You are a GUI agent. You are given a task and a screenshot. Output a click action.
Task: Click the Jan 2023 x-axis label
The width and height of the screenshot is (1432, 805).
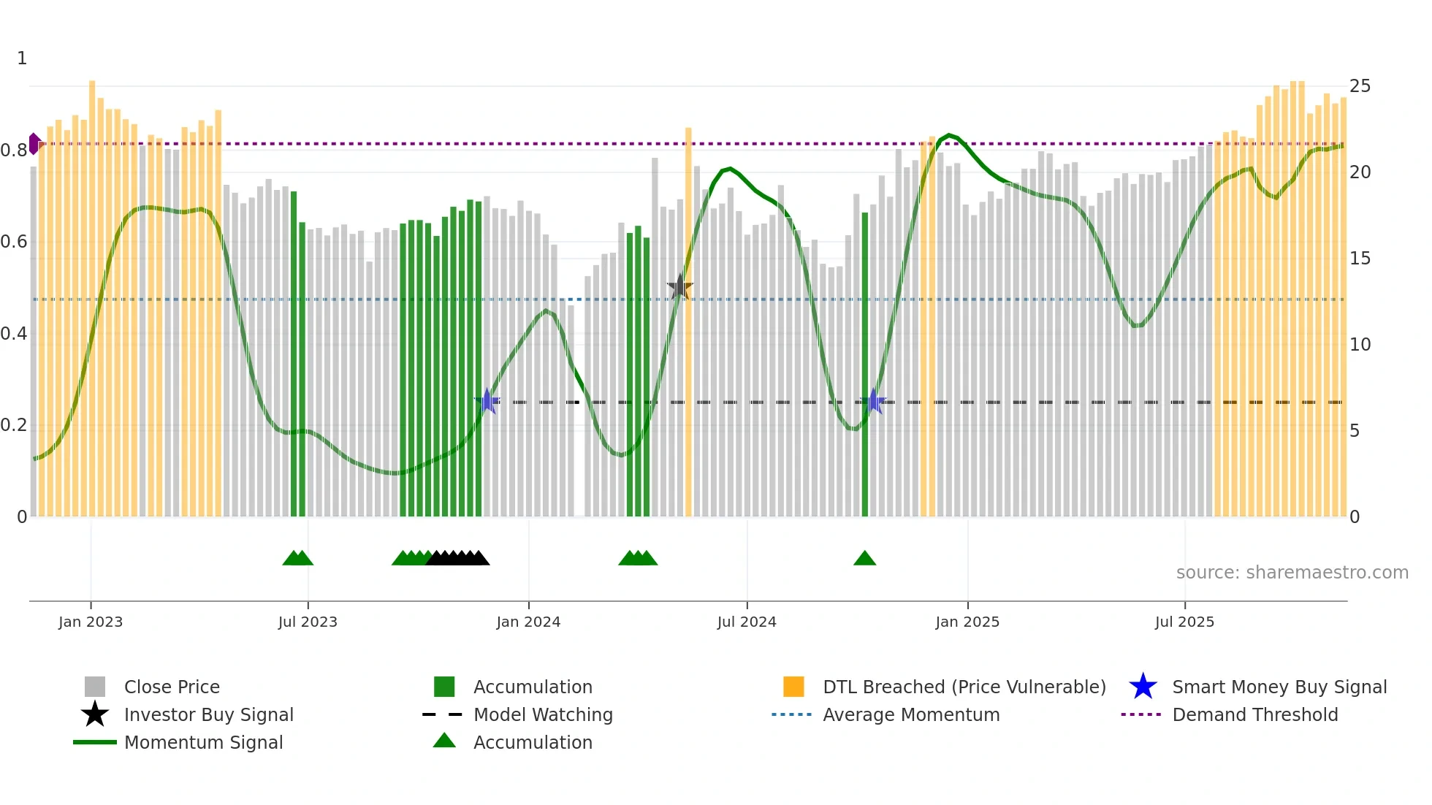(x=91, y=622)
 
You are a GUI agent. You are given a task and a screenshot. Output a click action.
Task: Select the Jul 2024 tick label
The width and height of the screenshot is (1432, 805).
(x=747, y=622)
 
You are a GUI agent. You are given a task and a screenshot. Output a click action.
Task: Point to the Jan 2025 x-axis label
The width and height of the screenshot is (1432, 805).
(x=967, y=622)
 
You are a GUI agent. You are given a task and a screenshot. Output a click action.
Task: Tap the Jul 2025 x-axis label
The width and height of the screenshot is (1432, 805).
(x=1184, y=622)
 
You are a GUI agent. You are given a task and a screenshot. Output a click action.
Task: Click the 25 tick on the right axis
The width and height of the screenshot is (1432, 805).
(x=1360, y=86)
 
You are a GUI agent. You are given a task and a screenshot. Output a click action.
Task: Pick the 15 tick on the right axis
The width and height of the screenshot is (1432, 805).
(x=1360, y=259)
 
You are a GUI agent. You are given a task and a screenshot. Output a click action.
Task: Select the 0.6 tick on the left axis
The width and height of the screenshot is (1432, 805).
(x=14, y=242)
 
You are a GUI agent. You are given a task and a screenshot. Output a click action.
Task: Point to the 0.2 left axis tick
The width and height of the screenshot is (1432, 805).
(x=14, y=425)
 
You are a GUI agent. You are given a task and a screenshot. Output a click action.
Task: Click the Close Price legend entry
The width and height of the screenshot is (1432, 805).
(x=172, y=687)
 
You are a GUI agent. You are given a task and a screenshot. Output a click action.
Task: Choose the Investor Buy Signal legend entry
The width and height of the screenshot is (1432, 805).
(x=208, y=714)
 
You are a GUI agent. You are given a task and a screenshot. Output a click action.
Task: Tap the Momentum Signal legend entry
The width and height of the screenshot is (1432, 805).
(x=203, y=742)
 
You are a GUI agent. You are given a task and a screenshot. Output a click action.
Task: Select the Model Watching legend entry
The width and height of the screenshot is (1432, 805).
(x=543, y=714)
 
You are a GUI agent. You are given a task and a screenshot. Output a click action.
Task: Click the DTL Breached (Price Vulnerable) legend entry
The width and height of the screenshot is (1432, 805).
(x=964, y=687)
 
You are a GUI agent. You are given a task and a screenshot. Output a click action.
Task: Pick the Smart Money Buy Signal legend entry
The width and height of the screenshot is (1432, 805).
(x=1279, y=687)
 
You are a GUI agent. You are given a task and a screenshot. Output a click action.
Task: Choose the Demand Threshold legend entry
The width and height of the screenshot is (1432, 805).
(x=1254, y=714)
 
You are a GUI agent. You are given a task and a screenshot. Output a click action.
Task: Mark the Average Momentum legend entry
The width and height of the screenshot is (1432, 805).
(x=911, y=714)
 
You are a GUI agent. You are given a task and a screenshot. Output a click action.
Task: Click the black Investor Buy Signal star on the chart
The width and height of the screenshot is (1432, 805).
(x=679, y=287)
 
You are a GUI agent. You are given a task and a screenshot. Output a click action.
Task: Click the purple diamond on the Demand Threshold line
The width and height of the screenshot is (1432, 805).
(x=34, y=144)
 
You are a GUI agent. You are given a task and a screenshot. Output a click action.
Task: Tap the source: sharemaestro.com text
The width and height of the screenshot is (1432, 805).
(x=1292, y=573)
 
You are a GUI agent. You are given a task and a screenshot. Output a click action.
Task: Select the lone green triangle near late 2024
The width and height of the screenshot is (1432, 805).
(x=864, y=559)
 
